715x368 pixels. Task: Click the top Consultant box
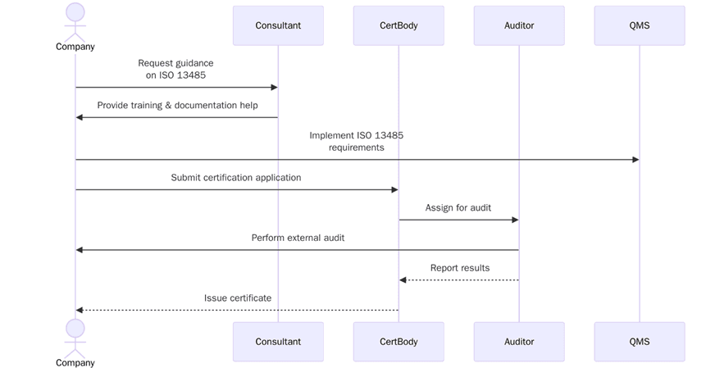278,25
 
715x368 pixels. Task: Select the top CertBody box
398,25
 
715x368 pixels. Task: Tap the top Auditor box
519,25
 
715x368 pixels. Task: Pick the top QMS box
640,25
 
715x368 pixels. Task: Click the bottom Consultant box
278,342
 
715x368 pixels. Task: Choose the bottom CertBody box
398,342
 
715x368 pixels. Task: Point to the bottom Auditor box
519,342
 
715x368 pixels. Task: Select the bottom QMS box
640,342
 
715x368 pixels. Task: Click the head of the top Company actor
75,11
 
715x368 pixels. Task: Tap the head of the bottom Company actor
75,328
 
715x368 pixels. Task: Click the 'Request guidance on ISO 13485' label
175,69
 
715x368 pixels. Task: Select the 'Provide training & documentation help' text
177,106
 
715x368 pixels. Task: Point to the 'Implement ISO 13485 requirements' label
356,141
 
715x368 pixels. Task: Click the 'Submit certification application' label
236,178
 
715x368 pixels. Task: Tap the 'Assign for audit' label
458,208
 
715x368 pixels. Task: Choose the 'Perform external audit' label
298,238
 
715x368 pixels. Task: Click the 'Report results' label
459,268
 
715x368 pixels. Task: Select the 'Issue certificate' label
238,298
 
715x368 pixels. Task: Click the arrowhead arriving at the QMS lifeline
635,160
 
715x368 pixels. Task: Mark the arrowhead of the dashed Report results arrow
403,280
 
